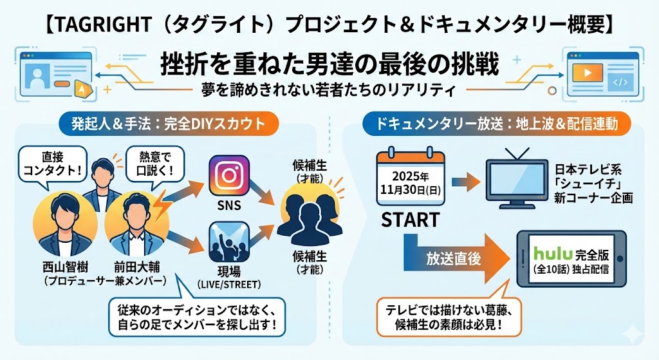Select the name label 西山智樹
64,267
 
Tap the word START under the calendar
411,220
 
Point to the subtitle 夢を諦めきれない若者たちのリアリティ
329,90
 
